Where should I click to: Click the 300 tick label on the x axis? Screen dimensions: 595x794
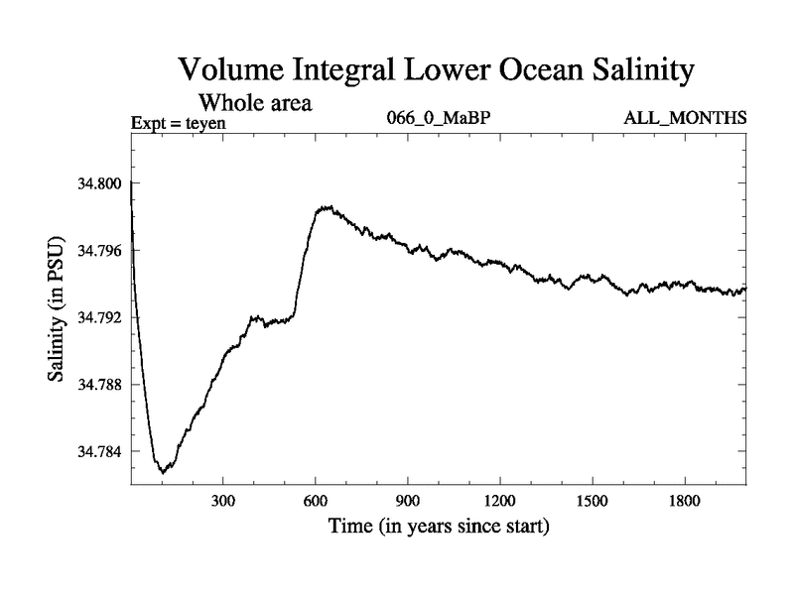[223, 501]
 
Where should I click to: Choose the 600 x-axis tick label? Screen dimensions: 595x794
[316, 501]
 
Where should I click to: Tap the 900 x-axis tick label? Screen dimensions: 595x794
[408, 501]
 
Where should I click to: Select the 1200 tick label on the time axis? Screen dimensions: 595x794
[499, 501]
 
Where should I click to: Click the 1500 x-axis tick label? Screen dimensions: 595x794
[592, 501]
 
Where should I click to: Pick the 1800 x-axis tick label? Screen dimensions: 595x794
[683, 501]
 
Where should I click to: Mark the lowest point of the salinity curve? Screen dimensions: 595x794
[163, 472]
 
